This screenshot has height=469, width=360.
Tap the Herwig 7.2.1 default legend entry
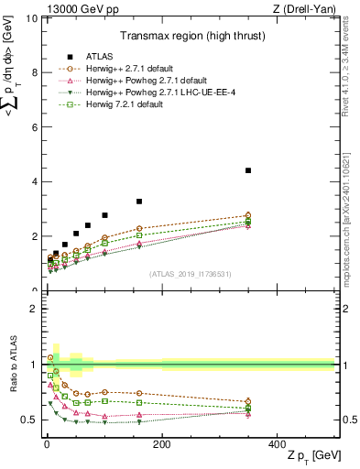coord(128,105)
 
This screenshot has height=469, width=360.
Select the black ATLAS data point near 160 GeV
coord(139,202)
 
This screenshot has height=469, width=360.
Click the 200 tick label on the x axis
coord(162,443)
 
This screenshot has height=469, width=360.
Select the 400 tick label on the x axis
coord(277,443)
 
